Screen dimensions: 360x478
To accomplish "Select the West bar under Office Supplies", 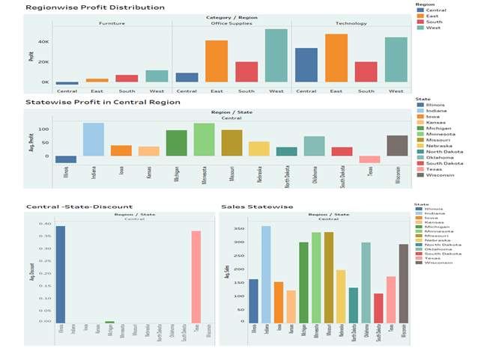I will click(276, 56).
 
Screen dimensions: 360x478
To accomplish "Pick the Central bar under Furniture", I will click(67, 83).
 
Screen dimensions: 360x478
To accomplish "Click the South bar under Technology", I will click(366, 72).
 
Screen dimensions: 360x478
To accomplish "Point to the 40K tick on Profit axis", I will click(43, 42).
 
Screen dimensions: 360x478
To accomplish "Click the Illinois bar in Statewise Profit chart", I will click(66, 159).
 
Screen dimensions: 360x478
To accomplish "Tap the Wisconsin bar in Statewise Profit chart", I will click(397, 146).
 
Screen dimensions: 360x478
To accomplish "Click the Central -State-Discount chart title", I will click(79, 207).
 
